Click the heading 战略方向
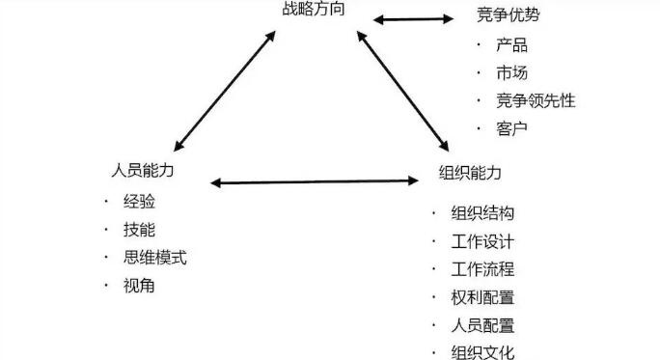tap(311, 11)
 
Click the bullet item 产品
tap(512, 44)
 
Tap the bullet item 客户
tap(512, 127)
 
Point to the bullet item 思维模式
tap(155, 258)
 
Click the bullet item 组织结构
tap(481, 213)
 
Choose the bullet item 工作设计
tap(481, 241)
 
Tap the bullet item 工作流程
tap(481, 269)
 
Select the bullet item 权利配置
tap(481, 297)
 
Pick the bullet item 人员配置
tap(481, 325)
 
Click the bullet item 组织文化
tap(481, 352)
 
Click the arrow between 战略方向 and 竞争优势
tap(413, 17)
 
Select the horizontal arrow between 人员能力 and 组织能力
tap(314, 180)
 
